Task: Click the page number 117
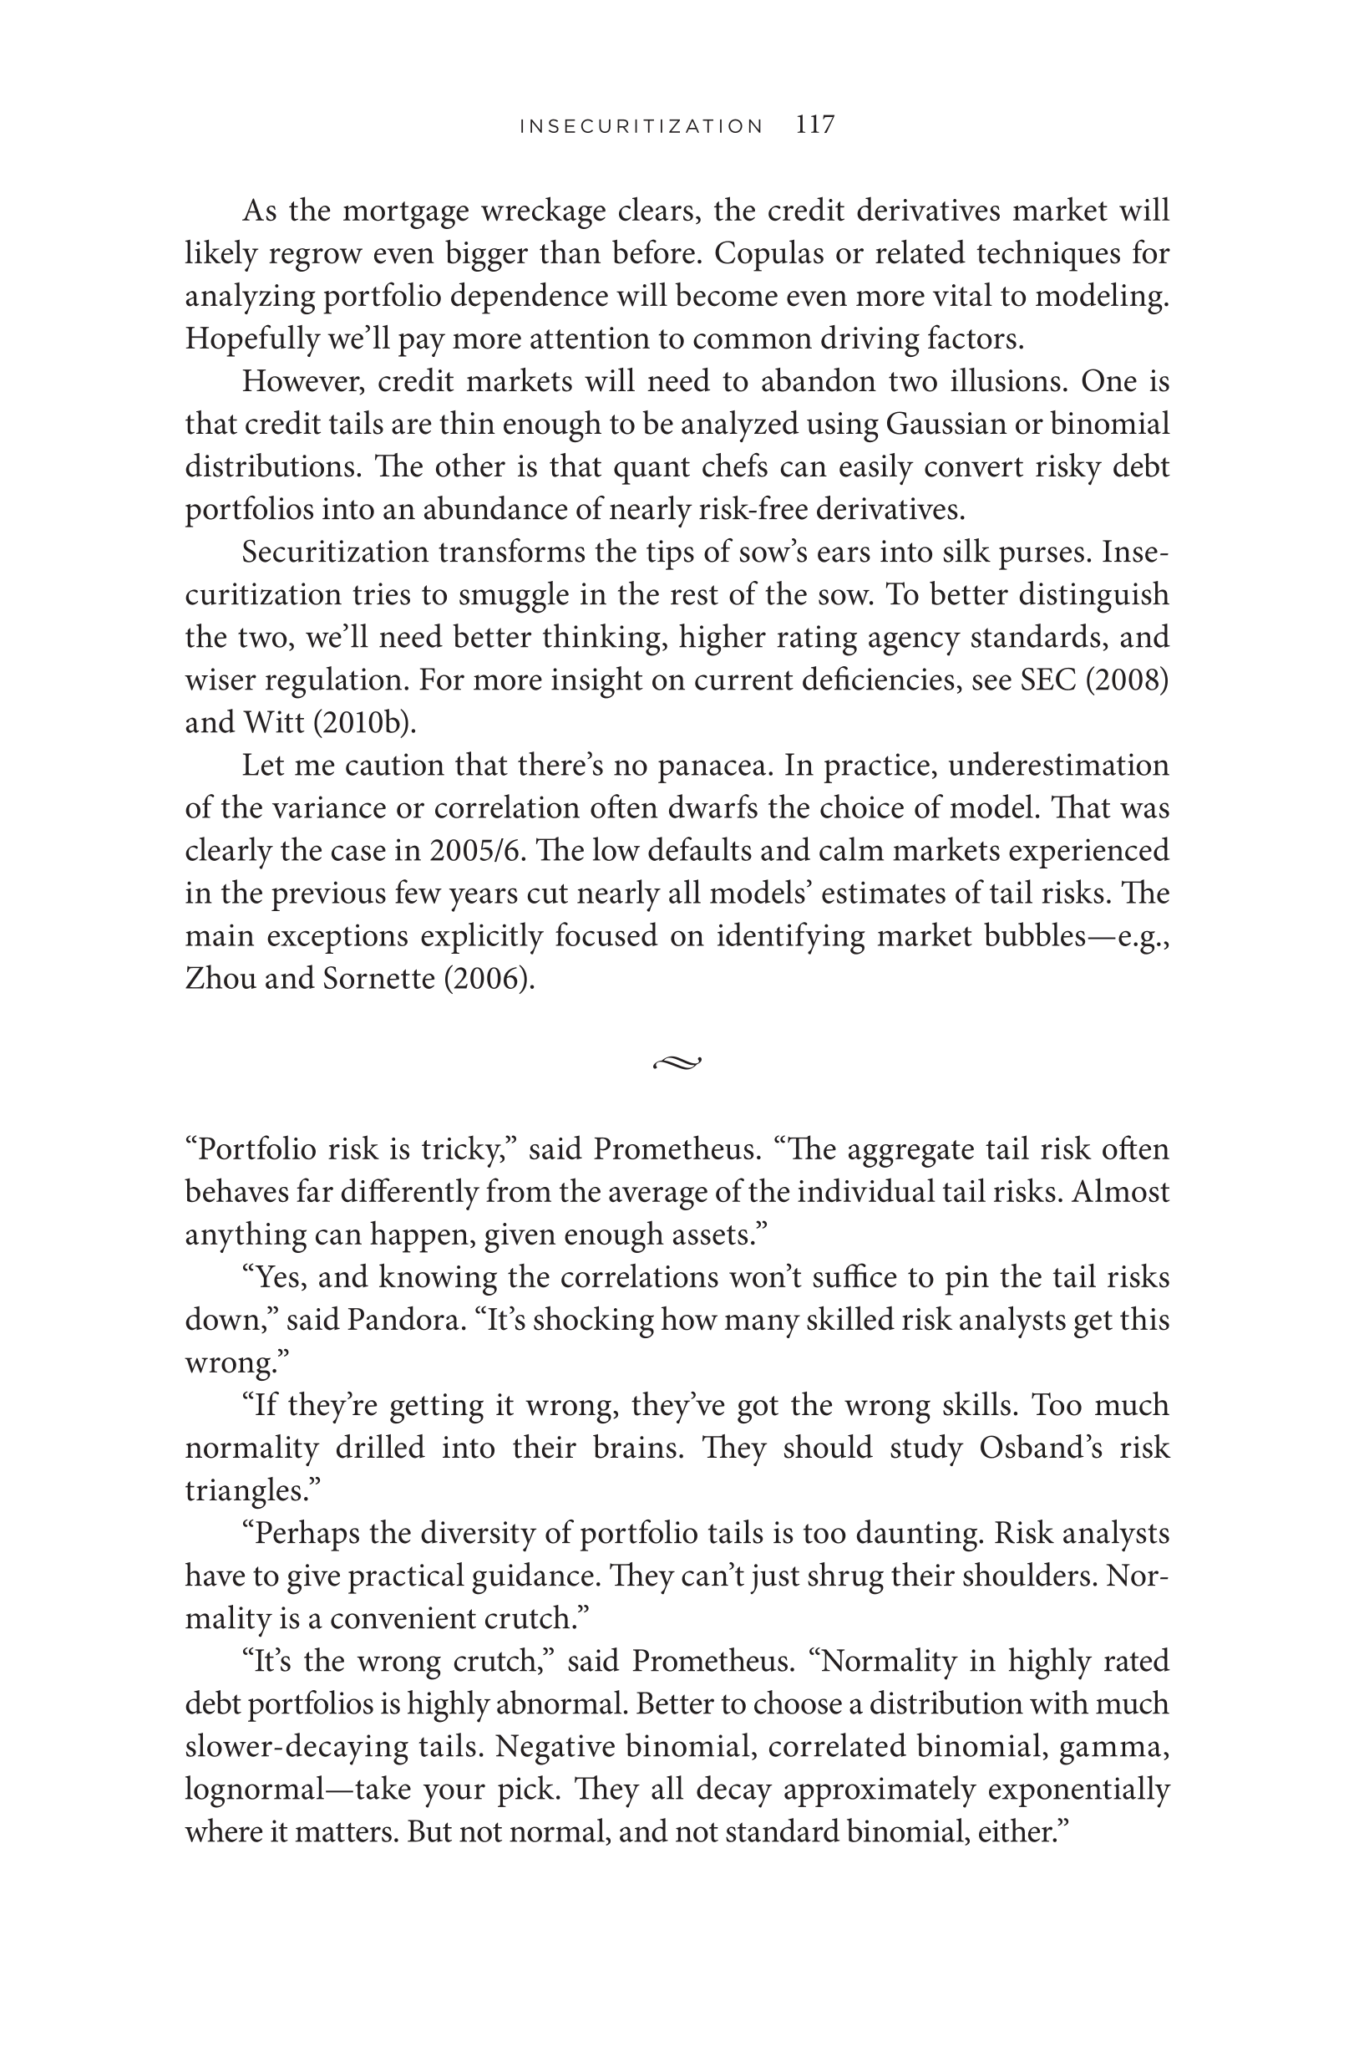(x=815, y=125)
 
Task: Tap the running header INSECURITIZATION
(x=641, y=127)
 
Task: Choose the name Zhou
(x=219, y=979)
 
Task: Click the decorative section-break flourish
(x=677, y=1062)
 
